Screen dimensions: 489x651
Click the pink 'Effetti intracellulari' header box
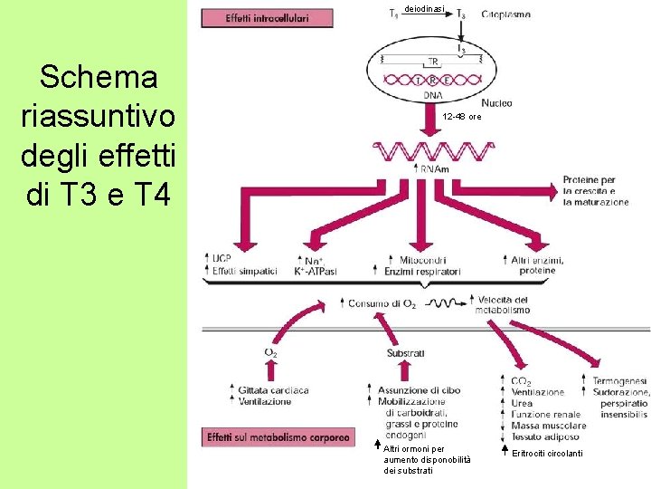tap(266, 17)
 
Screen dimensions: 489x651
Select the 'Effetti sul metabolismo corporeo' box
tap(278, 437)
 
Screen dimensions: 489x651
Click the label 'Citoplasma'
tap(505, 14)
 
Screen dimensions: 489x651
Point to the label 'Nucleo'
tap(497, 103)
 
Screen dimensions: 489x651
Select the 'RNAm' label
tap(435, 169)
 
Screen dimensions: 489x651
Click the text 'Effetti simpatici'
tap(244, 271)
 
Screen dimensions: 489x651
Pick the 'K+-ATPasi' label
tap(316, 271)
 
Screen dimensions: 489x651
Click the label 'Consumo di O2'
tap(382, 303)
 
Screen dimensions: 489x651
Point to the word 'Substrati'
tap(405, 352)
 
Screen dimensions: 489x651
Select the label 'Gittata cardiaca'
tap(274, 390)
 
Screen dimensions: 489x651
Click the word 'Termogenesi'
tap(620, 381)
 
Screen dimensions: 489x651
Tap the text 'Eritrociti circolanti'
tap(547, 453)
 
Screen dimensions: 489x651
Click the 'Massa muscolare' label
tap(548, 425)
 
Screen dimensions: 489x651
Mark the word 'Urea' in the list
tap(523, 403)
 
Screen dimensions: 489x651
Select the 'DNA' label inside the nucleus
tap(434, 94)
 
